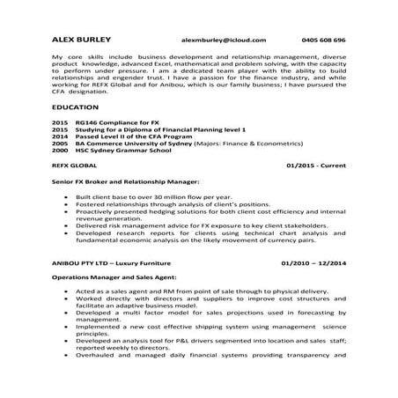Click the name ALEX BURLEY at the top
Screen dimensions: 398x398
[x=81, y=41]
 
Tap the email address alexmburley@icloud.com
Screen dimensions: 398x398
[x=222, y=41]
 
